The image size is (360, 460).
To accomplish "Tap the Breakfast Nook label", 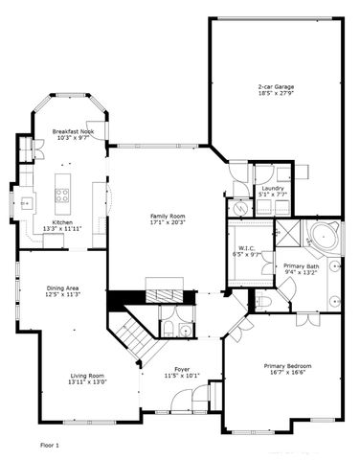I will (x=72, y=131).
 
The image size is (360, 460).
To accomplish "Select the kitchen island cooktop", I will (x=63, y=196).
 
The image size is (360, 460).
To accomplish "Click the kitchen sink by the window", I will (x=26, y=203).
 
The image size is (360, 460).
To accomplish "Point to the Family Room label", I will (x=168, y=216).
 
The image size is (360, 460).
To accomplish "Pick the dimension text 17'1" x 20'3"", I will (x=168, y=223).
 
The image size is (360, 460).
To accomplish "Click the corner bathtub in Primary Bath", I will (x=323, y=237).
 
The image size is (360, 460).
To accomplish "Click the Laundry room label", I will (x=272, y=188).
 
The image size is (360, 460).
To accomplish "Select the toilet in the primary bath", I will (x=265, y=302).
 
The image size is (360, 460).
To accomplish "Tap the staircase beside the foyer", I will (x=132, y=335).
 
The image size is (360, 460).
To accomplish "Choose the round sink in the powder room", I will (x=168, y=329).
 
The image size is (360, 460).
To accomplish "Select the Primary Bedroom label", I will (x=286, y=365).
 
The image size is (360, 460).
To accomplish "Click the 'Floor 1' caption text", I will (x=50, y=446).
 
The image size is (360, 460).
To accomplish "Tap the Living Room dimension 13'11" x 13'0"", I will (x=86, y=382).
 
